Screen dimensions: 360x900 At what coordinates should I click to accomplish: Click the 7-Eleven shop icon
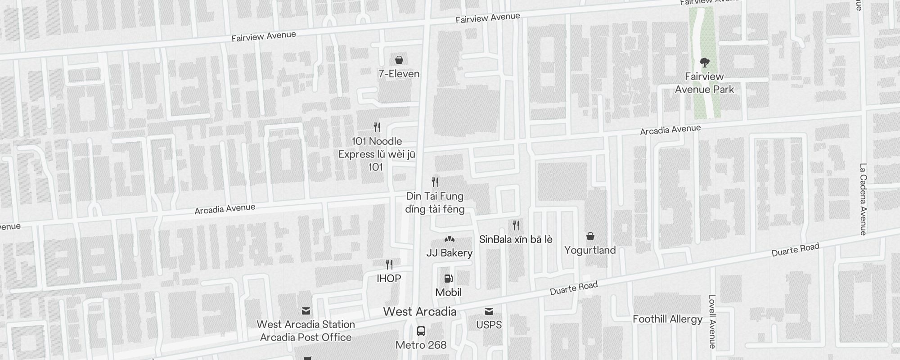click(x=399, y=60)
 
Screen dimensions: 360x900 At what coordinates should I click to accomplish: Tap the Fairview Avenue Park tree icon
click(x=704, y=62)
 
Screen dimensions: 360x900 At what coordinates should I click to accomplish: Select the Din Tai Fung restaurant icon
click(x=435, y=182)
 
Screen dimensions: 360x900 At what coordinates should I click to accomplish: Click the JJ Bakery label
click(x=449, y=253)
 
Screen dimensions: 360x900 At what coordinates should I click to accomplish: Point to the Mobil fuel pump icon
click(x=448, y=279)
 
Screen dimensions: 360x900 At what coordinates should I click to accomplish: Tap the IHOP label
click(x=389, y=279)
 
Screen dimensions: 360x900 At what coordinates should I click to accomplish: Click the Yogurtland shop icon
click(x=590, y=236)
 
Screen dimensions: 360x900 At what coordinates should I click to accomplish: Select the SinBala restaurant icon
click(x=516, y=225)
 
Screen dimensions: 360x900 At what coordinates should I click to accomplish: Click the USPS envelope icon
click(x=489, y=311)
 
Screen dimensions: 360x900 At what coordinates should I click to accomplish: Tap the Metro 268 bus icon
click(x=421, y=332)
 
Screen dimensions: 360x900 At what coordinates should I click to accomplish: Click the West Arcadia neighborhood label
click(x=419, y=311)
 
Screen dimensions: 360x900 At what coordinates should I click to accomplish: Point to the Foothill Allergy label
click(x=667, y=319)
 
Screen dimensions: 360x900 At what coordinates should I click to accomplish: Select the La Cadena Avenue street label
click(x=863, y=199)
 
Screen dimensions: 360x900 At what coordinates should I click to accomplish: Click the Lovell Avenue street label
click(x=711, y=321)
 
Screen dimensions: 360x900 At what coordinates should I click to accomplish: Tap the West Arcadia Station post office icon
click(x=306, y=311)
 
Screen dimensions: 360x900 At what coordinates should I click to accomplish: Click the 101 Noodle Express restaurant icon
click(x=377, y=127)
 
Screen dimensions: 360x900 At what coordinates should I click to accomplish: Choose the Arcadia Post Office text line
click(x=306, y=337)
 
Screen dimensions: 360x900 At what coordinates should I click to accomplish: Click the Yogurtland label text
click(x=590, y=250)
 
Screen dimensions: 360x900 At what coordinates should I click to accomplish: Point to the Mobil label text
click(x=448, y=292)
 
